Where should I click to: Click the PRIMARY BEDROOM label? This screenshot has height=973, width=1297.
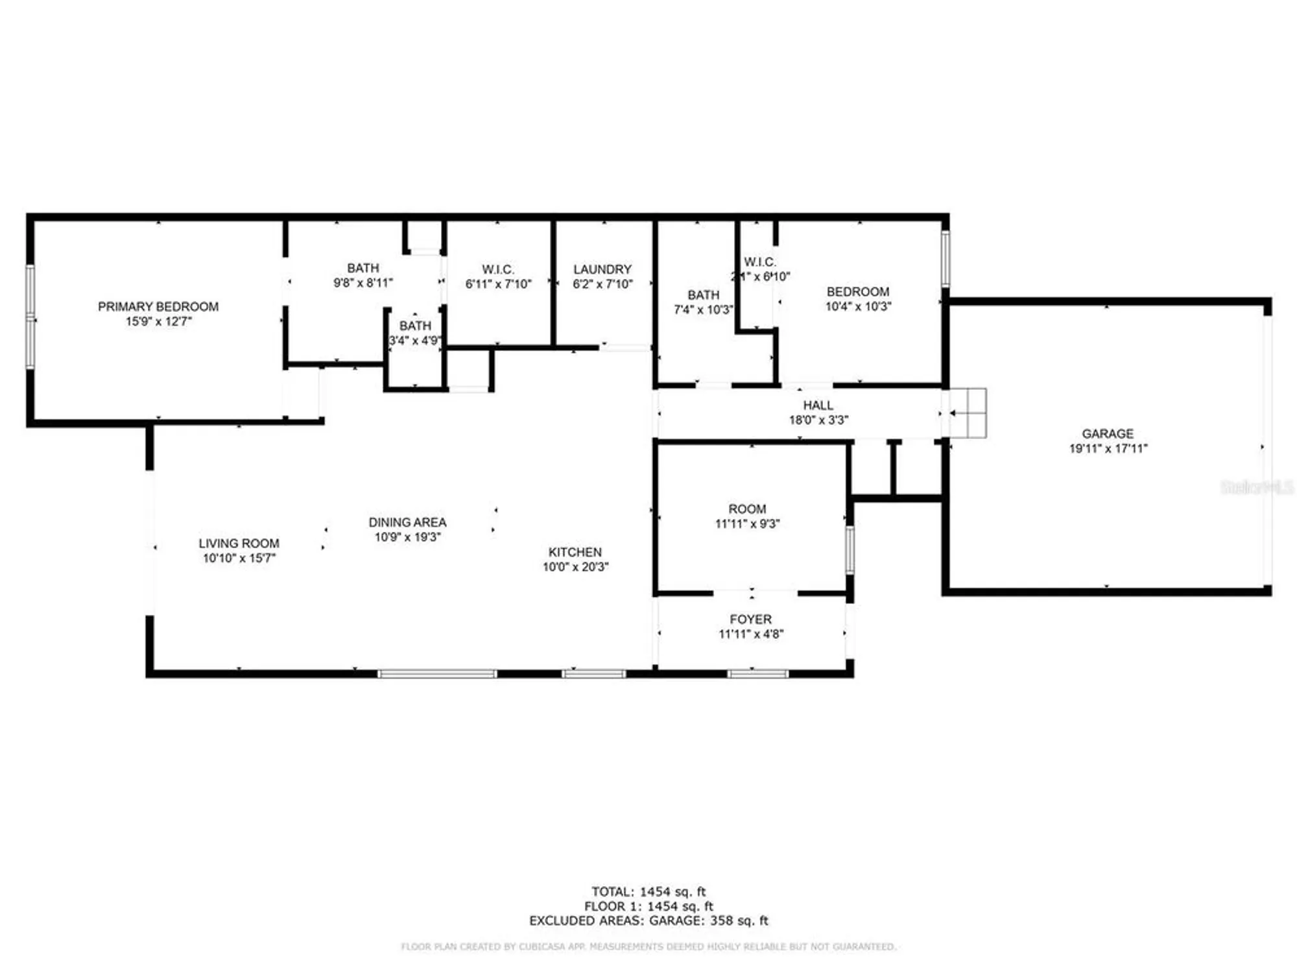(158, 307)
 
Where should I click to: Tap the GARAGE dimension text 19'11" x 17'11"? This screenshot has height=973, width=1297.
(1108, 448)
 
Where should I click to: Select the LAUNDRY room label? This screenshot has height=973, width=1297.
(602, 269)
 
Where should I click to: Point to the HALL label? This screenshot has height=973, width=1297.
(818, 405)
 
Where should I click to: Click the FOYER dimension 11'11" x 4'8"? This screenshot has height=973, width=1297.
(750, 634)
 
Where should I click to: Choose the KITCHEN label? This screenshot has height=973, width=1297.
(575, 552)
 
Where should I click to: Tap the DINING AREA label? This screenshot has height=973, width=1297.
(407, 522)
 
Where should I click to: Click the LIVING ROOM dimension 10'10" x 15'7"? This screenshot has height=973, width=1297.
(239, 558)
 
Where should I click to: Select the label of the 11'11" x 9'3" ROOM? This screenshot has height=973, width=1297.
(747, 509)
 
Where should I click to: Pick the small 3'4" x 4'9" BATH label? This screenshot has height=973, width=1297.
(415, 326)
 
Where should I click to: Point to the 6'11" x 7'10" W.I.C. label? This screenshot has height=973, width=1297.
(497, 269)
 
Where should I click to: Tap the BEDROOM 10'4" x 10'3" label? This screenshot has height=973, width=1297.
(857, 292)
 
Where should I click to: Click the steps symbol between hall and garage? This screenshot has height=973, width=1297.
(968, 413)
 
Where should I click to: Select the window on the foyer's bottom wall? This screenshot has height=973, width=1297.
(757, 674)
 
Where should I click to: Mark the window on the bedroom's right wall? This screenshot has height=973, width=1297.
(945, 258)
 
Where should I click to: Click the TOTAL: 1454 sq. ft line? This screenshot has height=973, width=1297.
(648, 892)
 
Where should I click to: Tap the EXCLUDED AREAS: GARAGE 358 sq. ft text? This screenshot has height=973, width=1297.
(648, 920)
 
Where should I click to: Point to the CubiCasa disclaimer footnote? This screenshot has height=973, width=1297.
(648, 947)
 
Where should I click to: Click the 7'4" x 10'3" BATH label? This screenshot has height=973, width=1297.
(703, 295)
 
